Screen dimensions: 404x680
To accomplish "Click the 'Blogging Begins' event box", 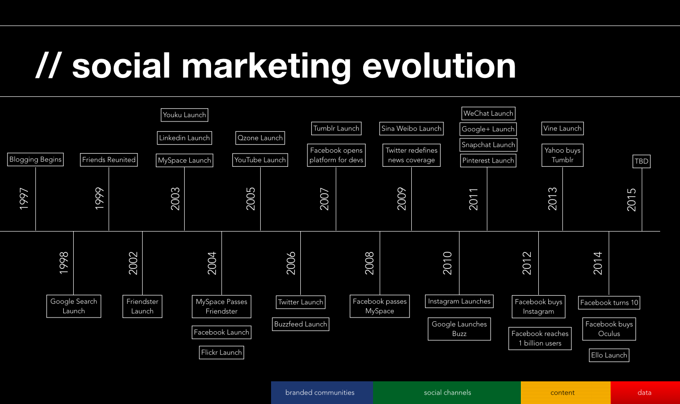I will click(35, 159).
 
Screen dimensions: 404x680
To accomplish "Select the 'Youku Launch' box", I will click(184, 115).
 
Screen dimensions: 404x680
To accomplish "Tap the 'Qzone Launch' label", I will click(260, 138).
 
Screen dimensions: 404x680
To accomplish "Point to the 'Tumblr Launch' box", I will click(336, 129).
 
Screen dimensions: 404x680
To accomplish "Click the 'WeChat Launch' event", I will click(488, 113).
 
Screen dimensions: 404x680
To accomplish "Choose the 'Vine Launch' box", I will click(562, 129).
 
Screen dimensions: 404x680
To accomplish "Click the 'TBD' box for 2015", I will click(641, 161).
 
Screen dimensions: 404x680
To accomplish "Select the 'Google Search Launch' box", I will click(74, 306).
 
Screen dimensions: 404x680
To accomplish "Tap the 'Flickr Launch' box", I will click(221, 352).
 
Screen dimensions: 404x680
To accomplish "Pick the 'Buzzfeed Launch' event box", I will click(301, 324).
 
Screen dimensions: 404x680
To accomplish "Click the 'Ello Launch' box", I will click(609, 355).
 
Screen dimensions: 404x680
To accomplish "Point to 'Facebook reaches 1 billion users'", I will click(540, 338).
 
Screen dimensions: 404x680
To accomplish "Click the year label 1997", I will click(24, 198).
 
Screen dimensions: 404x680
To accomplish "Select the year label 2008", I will click(369, 263).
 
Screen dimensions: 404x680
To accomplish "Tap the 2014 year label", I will click(598, 263).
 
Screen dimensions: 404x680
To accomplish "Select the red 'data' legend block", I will click(645, 393).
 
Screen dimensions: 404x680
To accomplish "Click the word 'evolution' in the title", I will click(439, 66).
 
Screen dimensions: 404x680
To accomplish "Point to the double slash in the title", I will click(48, 66).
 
